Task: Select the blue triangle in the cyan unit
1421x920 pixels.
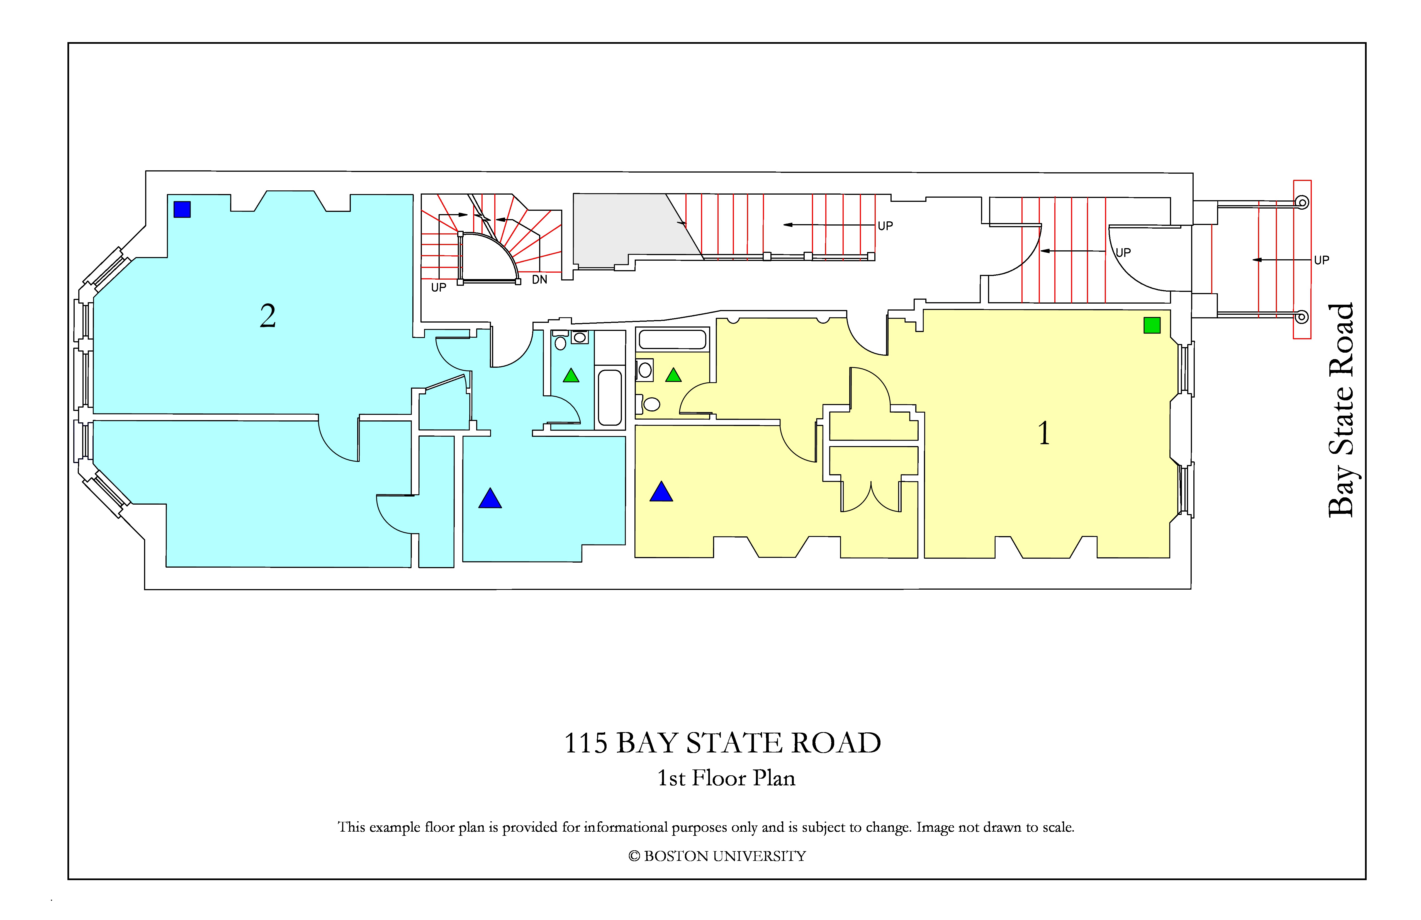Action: tap(490, 498)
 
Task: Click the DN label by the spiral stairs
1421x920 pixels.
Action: tap(540, 280)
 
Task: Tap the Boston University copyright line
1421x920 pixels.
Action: tap(717, 856)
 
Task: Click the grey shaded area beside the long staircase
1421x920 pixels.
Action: tap(627, 230)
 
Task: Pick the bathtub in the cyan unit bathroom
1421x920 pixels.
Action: tap(610, 397)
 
